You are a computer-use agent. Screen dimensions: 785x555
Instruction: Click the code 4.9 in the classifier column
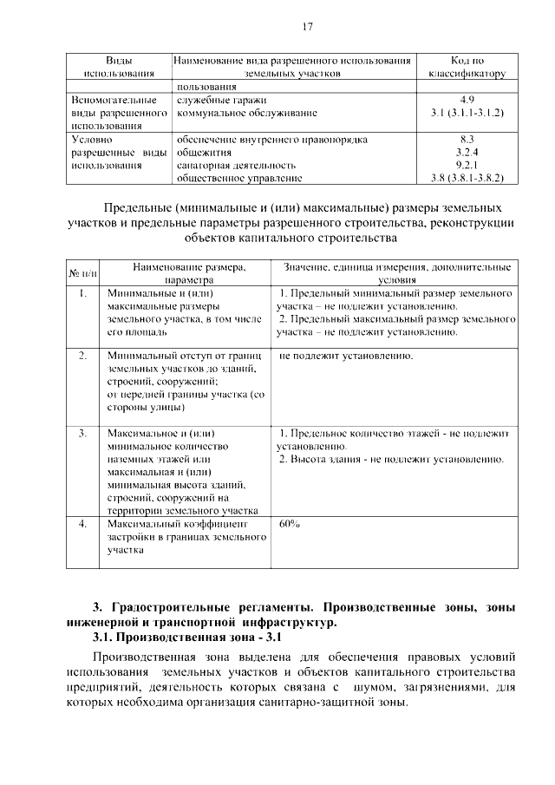coord(467,100)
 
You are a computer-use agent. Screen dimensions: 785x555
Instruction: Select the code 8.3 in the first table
coord(467,139)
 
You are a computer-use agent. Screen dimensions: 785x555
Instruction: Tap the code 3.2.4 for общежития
coord(467,152)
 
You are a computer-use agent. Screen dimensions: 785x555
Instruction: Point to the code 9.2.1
coord(467,165)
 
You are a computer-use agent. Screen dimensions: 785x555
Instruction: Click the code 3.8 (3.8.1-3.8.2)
coord(467,178)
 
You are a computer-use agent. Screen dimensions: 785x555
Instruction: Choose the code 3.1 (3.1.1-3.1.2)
coord(467,113)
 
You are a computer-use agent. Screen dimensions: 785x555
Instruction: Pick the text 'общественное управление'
coord(238,178)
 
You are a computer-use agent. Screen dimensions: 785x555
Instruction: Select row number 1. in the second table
coord(82,294)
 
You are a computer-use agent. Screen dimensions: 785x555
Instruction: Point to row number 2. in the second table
coord(82,356)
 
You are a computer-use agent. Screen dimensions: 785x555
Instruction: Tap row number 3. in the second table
coord(82,432)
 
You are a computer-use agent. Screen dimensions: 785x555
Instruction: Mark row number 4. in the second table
coord(82,525)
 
